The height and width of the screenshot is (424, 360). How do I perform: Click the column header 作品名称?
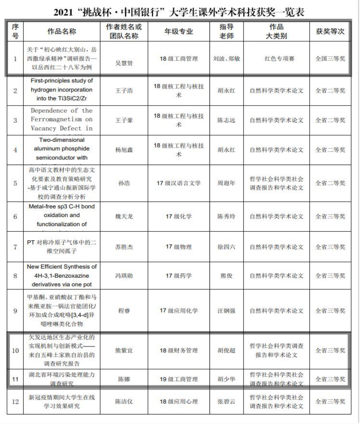coord(61,32)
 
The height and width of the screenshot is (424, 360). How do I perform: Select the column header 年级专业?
coord(178,32)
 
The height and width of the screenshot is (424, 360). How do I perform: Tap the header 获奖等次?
coord(330,32)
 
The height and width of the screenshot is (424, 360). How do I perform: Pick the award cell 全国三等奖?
coord(330,59)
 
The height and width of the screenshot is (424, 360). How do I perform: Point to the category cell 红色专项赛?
coord(279,59)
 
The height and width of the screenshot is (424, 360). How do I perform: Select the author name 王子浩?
coord(123,91)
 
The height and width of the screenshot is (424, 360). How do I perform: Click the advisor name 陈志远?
coord(227,120)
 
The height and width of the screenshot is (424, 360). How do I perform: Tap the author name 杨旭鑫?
coord(123,150)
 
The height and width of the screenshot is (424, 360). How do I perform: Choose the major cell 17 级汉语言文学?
coord(178,183)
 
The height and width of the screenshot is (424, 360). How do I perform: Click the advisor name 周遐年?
coord(227,183)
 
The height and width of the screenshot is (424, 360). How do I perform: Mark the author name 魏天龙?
coord(123,216)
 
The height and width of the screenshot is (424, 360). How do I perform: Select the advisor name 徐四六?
coord(227,247)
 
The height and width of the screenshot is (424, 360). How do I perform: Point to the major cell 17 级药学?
coord(178,276)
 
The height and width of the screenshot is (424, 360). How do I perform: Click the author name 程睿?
coord(123,311)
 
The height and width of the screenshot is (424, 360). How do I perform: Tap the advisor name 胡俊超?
coord(227,350)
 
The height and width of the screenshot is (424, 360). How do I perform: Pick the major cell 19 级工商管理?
coord(178,379)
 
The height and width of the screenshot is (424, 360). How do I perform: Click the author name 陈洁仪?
coord(123,401)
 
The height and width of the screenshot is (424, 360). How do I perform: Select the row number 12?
coord(15,401)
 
